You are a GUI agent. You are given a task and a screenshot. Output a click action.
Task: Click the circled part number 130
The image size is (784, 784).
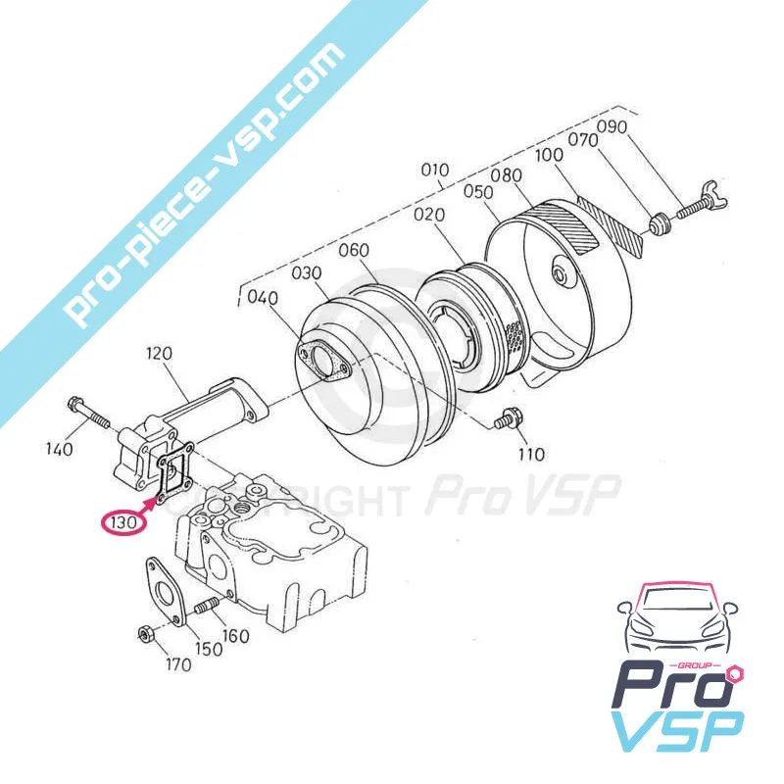click(x=123, y=522)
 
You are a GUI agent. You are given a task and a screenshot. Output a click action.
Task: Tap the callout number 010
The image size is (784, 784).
click(x=434, y=170)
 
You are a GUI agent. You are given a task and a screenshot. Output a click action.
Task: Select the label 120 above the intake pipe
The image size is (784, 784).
click(x=159, y=354)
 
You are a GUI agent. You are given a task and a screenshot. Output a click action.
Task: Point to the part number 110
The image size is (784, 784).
click(x=530, y=455)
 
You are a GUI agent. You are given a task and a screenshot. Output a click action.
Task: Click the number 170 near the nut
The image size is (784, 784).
click(x=178, y=665)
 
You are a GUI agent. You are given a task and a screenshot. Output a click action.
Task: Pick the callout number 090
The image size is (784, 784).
click(x=612, y=127)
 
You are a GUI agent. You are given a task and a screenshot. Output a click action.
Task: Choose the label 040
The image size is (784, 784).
click(x=263, y=298)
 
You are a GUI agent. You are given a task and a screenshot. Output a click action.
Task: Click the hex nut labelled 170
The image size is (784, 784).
click(x=146, y=635)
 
